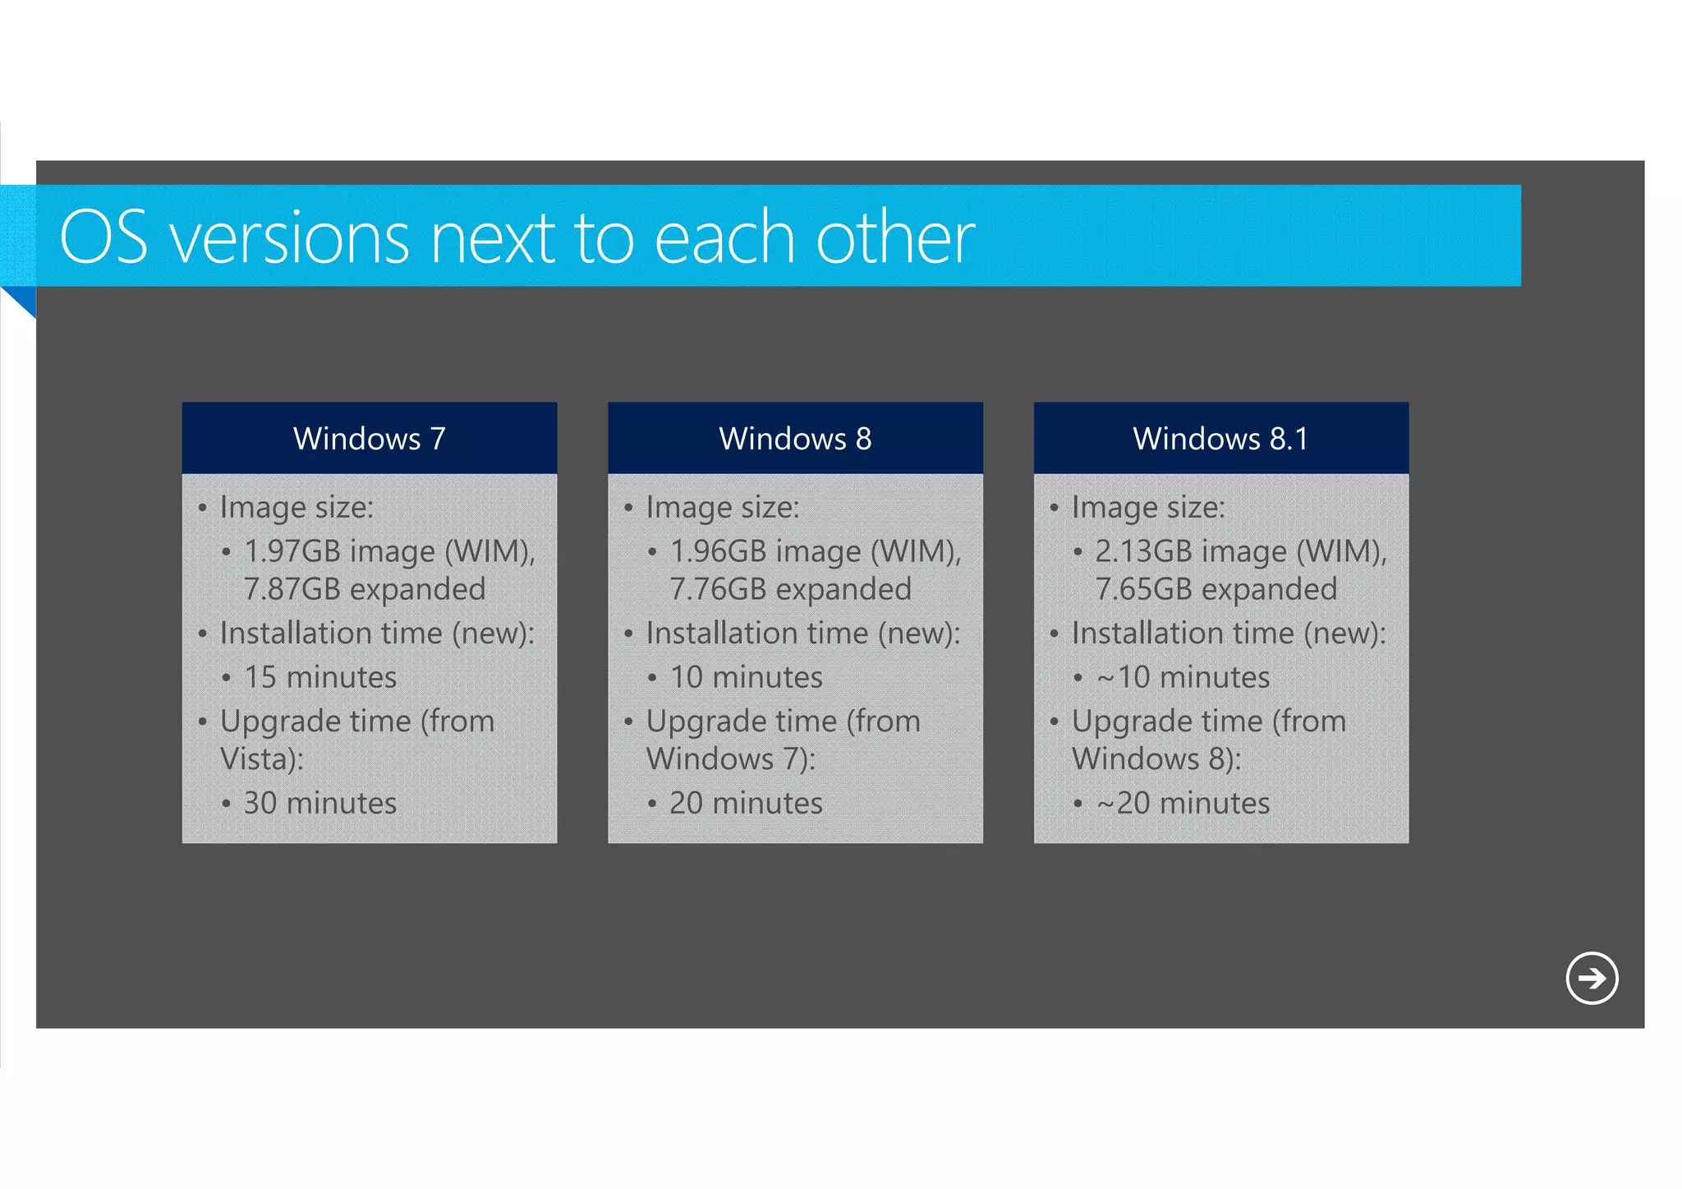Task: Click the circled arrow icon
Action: [x=1591, y=978]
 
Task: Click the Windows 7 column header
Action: [x=370, y=438]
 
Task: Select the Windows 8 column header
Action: [x=795, y=438]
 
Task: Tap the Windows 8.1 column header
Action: [x=1220, y=438]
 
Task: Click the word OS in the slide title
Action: [x=104, y=237]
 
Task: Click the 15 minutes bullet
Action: [x=320, y=677]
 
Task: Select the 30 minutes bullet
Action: [x=320, y=803]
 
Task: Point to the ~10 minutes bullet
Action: [x=1183, y=677]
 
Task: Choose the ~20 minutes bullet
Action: [x=1183, y=803]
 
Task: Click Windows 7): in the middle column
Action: [x=731, y=758]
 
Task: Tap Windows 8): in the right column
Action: [x=1156, y=758]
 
